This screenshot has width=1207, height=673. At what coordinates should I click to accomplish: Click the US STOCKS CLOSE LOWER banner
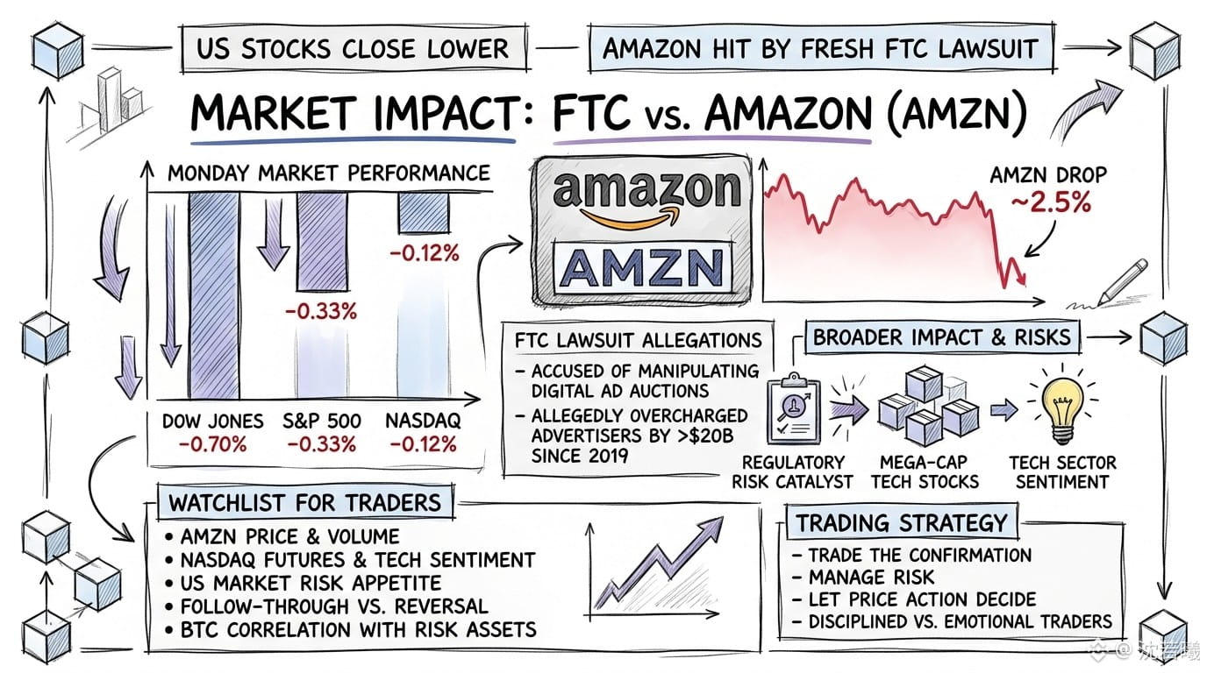(x=354, y=48)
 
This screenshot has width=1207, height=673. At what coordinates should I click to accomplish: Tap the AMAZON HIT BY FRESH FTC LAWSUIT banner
(x=821, y=48)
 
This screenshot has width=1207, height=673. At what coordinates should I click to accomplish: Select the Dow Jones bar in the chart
(x=214, y=295)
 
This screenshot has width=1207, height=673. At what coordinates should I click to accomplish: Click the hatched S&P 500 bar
(x=322, y=242)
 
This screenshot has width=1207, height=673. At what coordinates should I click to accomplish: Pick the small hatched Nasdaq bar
(x=424, y=213)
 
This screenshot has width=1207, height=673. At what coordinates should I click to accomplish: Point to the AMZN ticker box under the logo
(x=643, y=268)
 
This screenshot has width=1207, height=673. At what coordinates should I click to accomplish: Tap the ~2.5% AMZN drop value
(x=1050, y=203)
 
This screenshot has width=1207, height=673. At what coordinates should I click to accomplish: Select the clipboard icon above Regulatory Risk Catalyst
(x=793, y=408)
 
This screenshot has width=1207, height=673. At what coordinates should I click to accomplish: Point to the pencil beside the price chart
(x=1123, y=281)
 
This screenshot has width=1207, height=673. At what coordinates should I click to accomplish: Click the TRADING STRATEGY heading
(x=902, y=522)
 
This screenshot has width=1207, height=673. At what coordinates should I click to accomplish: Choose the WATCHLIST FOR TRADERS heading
(x=305, y=503)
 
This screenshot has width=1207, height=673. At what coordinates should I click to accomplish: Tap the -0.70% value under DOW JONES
(x=212, y=444)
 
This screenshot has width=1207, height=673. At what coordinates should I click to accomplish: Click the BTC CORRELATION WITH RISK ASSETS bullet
(x=352, y=629)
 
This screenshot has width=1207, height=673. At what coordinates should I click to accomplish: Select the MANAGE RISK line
(x=863, y=577)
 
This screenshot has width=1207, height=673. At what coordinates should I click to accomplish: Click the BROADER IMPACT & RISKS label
(x=942, y=337)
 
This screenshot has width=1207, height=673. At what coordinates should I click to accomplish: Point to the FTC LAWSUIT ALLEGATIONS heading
(x=639, y=340)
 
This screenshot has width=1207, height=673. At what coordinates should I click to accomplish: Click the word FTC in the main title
(x=591, y=112)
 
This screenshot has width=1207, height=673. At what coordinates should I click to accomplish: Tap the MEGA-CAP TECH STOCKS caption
(x=925, y=471)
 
